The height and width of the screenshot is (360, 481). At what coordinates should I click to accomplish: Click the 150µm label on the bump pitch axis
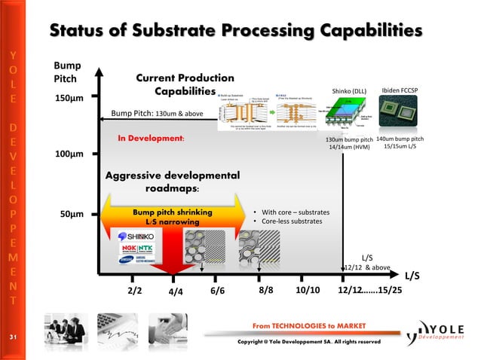[67, 99]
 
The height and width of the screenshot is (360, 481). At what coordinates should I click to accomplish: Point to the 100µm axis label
[67, 156]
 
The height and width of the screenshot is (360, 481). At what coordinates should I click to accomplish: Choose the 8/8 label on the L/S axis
[266, 290]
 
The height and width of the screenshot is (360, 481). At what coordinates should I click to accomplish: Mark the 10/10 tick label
[307, 290]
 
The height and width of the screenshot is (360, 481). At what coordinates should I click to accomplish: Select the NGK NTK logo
[136, 249]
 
